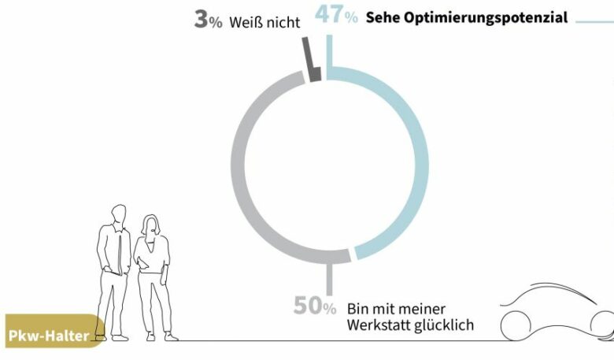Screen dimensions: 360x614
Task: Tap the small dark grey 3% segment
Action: coord(313,74)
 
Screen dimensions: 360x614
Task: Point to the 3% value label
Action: coord(208,20)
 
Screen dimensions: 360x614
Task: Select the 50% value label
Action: coord(315,306)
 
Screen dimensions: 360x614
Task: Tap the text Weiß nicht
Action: coord(264,23)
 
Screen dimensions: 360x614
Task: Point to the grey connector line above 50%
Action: coord(330,277)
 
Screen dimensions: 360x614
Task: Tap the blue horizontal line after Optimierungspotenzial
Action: coord(594,21)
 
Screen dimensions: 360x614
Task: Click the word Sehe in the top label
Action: coord(383,17)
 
